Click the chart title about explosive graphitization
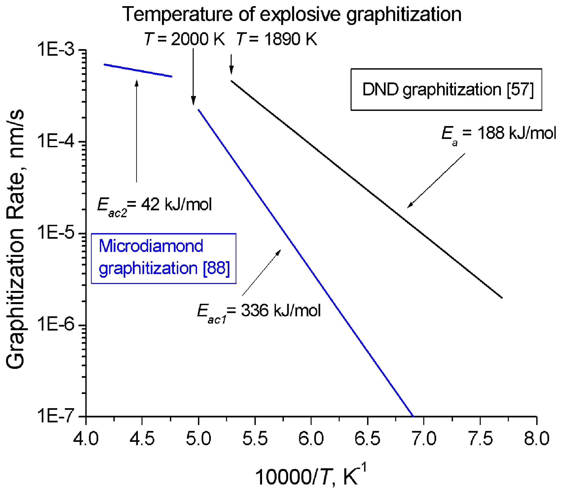[x=291, y=14]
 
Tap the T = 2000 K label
[x=185, y=39]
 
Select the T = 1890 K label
[x=277, y=39]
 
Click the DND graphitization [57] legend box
[x=446, y=90]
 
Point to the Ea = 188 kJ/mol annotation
[x=498, y=134]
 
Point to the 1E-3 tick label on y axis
[x=57, y=50]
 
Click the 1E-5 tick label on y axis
[x=57, y=233]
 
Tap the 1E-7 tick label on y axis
[x=57, y=416]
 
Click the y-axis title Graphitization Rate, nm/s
[x=15, y=239]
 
